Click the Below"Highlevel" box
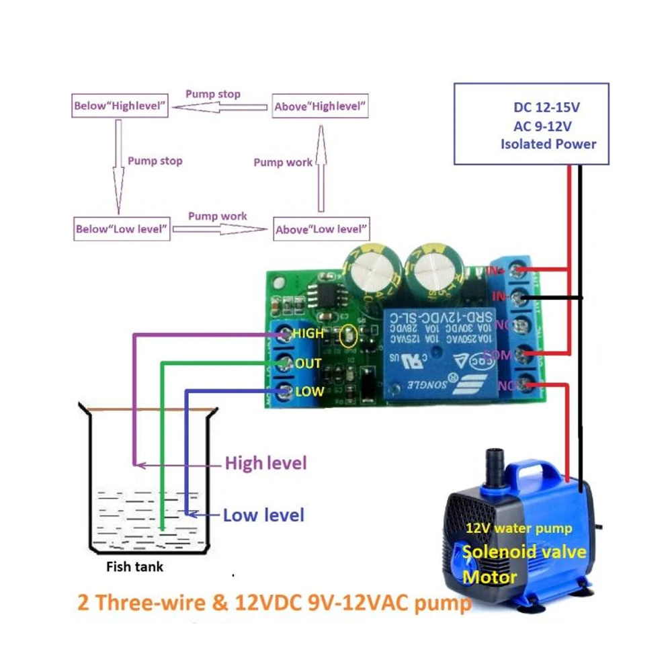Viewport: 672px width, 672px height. pos(120,106)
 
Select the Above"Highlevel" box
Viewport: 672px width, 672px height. pos(321,106)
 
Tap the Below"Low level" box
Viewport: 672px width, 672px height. pos(121,228)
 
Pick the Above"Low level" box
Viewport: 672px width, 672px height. pos(321,229)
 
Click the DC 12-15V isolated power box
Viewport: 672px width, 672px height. pos(531,124)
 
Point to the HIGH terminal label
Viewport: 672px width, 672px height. pos(308,333)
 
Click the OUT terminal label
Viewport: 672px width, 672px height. pos(308,364)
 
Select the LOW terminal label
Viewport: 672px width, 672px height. pos(309,391)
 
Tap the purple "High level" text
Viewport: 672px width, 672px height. pos(265,463)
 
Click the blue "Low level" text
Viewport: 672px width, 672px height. pos(263,515)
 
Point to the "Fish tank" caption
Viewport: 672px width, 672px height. pos(134,566)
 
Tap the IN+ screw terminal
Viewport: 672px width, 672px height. pos(518,271)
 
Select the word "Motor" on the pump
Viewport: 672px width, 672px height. pos(490,577)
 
